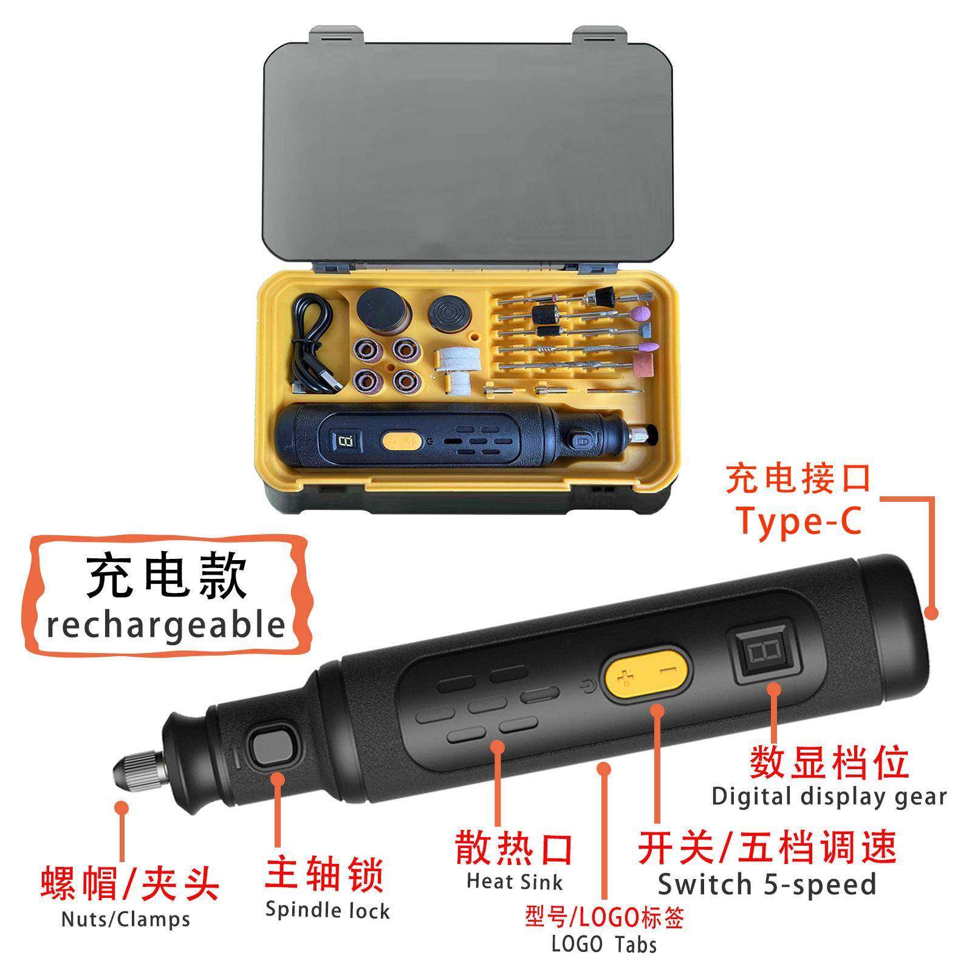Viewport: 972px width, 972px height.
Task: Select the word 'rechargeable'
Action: pos(166,625)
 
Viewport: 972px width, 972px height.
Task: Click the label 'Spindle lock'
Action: pos(327,911)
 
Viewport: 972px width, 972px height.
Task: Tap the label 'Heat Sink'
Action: pos(515,881)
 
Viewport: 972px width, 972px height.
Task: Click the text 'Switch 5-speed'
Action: pos(767,884)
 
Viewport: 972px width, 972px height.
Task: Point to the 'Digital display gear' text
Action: pos(829,796)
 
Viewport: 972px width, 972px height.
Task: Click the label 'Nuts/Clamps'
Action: pos(126,919)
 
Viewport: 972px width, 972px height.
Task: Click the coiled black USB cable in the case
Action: pos(313,340)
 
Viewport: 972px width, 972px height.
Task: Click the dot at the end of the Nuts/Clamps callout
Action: pos(122,807)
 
